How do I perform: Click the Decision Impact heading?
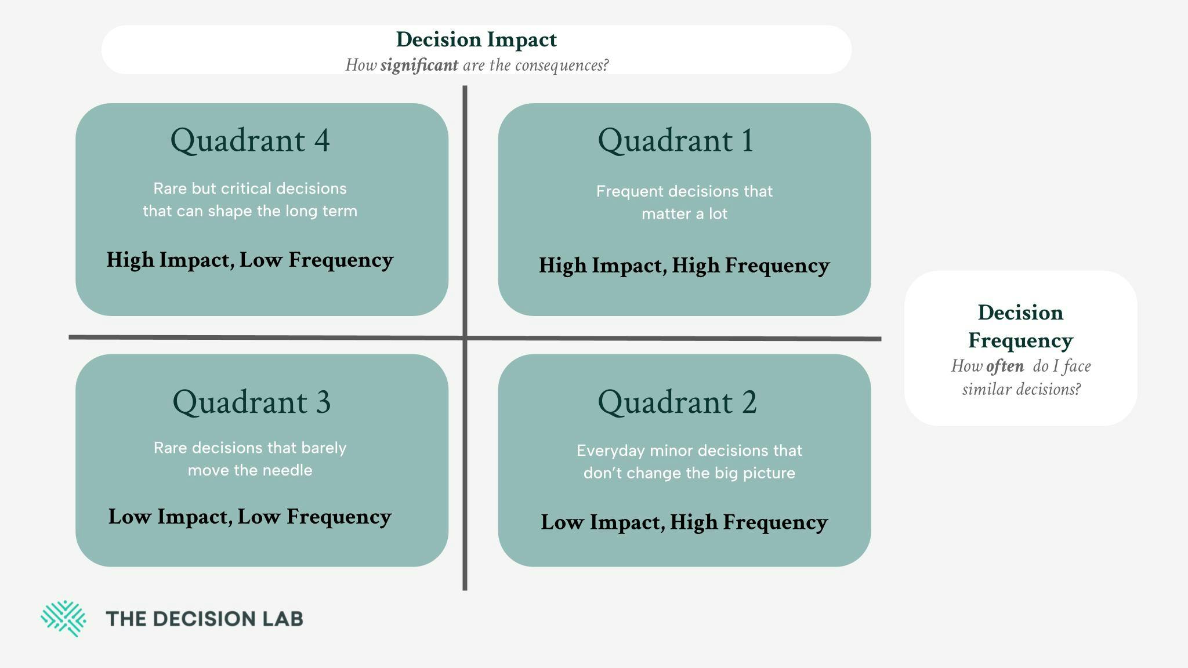pos(476,40)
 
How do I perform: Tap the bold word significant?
pos(419,65)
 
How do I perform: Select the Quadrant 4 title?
pos(250,140)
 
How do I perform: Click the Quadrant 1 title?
pos(676,140)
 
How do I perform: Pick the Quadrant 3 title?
pos(252,402)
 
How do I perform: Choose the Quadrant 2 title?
pos(678,402)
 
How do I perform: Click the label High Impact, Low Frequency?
pos(250,260)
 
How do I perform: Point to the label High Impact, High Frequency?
pos(684,266)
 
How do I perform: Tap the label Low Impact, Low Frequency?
pos(250,517)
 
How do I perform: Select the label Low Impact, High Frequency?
pos(684,522)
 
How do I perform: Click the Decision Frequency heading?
pos(1021,326)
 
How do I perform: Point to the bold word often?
pos(1005,366)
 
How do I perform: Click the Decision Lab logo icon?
pos(63,619)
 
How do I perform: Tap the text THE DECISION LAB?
pos(205,619)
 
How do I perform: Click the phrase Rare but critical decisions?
pos(250,188)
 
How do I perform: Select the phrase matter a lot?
pos(684,214)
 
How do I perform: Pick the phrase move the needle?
pos(250,470)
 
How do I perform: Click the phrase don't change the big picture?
pos(689,473)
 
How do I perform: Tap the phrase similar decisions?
pos(1022,389)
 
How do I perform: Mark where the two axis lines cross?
pos(465,337)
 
